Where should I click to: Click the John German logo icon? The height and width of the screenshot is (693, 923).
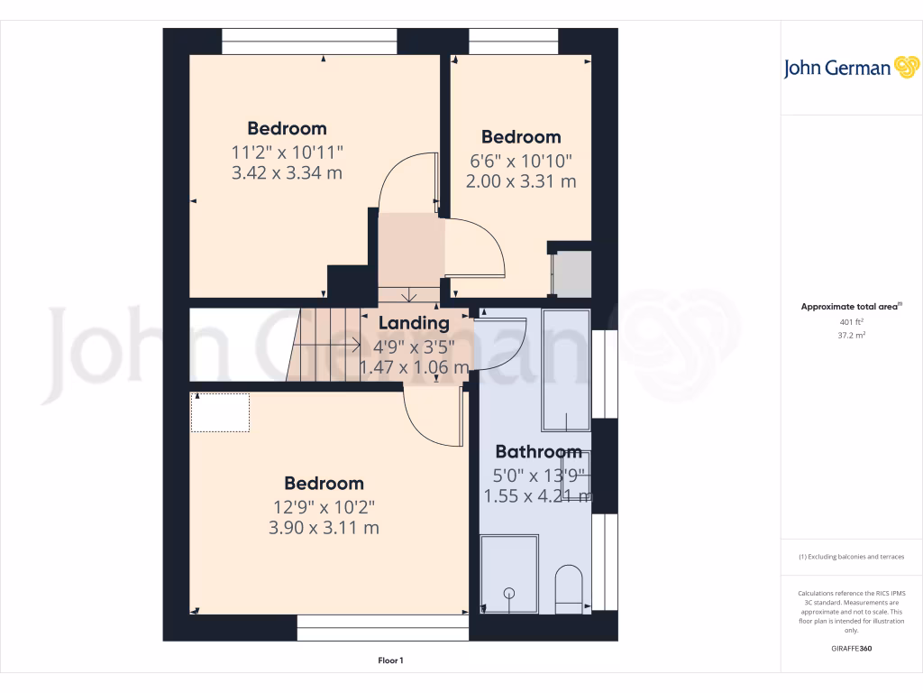pyautogui.click(x=905, y=68)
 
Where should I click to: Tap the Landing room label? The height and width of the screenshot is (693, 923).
pyautogui.click(x=414, y=323)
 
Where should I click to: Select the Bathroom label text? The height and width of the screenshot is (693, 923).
pyautogui.click(x=538, y=452)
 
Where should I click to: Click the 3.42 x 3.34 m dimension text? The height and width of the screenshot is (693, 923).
pyautogui.click(x=287, y=172)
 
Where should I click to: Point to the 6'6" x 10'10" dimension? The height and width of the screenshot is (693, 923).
pyautogui.click(x=521, y=160)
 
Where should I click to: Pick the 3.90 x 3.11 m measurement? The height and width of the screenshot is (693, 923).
pyautogui.click(x=324, y=528)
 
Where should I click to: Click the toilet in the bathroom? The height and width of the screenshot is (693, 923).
pyautogui.click(x=569, y=588)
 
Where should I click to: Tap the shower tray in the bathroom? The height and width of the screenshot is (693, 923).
pyautogui.click(x=509, y=573)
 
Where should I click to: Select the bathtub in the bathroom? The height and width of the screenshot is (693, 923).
pyautogui.click(x=565, y=370)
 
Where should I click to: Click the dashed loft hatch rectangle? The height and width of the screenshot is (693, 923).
pyautogui.click(x=220, y=412)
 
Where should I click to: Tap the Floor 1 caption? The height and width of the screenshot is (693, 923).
pyautogui.click(x=390, y=661)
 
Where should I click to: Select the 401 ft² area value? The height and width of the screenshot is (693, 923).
pyautogui.click(x=851, y=321)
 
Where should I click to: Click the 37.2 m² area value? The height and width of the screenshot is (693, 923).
pyautogui.click(x=851, y=334)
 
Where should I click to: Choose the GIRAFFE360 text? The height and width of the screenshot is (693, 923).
pyautogui.click(x=851, y=649)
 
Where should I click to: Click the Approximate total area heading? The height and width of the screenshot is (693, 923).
pyautogui.click(x=849, y=307)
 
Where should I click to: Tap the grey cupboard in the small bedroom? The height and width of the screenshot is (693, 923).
pyautogui.click(x=573, y=273)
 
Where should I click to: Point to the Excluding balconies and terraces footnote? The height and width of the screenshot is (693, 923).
pyautogui.click(x=851, y=557)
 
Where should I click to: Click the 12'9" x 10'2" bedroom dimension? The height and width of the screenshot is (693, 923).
pyautogui.click(x=324, y=506)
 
